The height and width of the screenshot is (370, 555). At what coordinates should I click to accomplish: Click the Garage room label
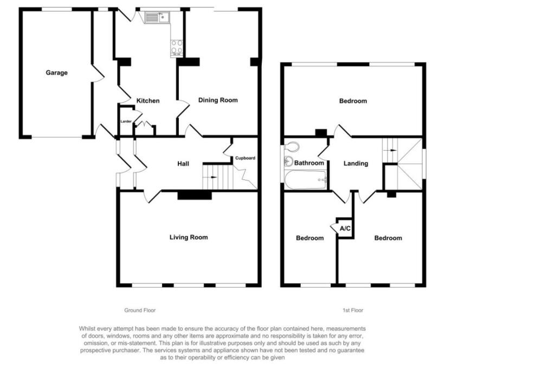pyautogui.click(x=56, y=73)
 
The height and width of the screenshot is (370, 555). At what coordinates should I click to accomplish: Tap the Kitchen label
pyautogui.click(x=148, y=101)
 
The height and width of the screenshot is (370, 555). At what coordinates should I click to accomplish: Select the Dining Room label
pyautogui.click(x=218, y=100)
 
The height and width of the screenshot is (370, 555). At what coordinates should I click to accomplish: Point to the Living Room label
pyautogui.click(x=189, y=237)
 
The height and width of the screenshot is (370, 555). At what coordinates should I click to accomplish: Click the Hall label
pyautogui.click(x=183, y=163)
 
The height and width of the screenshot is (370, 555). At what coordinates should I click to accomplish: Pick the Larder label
pyautogui.click(x=126, y=121)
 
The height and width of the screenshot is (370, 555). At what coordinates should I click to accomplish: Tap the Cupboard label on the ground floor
pyautogui.click(x=245, y=158)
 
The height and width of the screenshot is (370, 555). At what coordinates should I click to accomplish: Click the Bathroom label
pyautogui.click(x=309, y=163)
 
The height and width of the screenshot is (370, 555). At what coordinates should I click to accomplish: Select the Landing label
pyautogui.click(x=356, y=164)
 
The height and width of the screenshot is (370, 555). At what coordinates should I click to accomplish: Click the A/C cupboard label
pyautogui.click(x=345, y=229)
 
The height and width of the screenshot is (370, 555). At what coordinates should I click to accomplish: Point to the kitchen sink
pyautogui.click(x=157, y=18)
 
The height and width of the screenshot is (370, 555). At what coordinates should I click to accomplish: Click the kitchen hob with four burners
pyautogui.click(x=177, y=48)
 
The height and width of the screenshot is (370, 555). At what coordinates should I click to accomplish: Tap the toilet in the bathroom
pyautogui.click(x=292, y=147)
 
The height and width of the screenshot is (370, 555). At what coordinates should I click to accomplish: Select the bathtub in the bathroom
pyautogui.click(x=306, y=179)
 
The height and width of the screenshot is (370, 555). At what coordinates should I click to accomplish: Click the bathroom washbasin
pyautogui.click(x=288, y=161)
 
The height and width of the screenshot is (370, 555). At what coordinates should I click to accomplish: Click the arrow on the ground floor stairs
pyautogui.click(x=213, y=177)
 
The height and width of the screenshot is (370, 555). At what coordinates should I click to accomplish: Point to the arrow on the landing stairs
pyautogui.click(x=392, y=150)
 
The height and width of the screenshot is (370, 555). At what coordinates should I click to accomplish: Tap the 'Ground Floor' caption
pyautogui.click(x=140, y=310)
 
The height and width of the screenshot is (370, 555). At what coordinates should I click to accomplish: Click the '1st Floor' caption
pyautogui.click(x=352, y=310)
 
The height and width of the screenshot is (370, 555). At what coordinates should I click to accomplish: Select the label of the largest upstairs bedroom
pyautogui.click(x=353, y=101)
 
